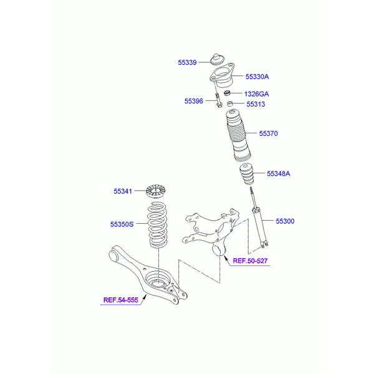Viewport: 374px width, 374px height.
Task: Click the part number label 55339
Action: tap(187, 62)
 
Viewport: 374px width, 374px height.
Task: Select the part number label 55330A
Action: tap(257, 77)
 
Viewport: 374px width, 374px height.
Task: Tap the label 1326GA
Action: tap(256, 93)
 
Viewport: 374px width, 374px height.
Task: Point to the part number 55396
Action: tap(194, 101)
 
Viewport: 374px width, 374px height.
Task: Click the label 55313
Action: tap(256, 104)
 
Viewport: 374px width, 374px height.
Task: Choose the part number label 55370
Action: tap(269, 133)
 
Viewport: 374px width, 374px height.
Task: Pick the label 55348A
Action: tap(279, 174)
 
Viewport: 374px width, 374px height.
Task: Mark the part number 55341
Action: tap(123, 191)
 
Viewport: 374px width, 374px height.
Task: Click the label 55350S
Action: tap(122, 223)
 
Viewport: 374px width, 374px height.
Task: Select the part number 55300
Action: tap(285, 221)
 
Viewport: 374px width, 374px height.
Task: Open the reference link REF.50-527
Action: tap(250, 261)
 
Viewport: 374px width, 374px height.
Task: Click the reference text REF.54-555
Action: tap(120, 300)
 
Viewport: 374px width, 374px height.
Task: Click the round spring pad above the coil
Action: tap(157, 191)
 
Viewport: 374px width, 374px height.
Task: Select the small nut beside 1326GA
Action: tap(229, 93)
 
